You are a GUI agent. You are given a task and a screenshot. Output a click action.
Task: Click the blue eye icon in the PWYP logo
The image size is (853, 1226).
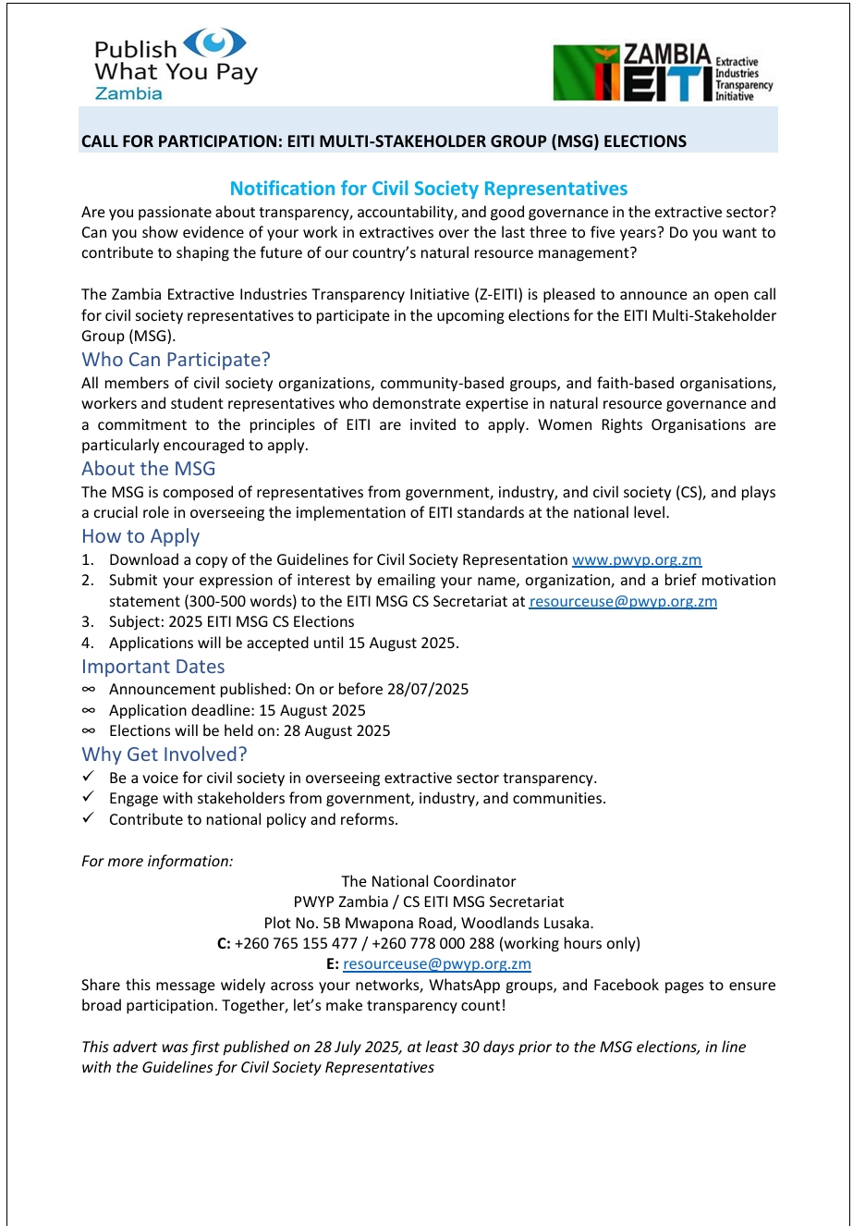click(x=215, y=43)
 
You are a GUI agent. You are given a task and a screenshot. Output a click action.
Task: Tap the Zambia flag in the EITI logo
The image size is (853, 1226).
click(x=586, y=73)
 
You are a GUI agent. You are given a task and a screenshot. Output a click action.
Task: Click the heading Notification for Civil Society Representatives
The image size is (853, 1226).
click(x=429, y=189)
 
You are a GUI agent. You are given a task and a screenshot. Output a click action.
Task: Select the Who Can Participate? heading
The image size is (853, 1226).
click(x=176, y=360)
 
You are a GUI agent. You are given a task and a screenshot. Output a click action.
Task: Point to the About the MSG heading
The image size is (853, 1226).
click(x=148, y=469)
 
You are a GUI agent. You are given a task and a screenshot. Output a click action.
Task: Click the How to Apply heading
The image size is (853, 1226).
click(x=140, y=536)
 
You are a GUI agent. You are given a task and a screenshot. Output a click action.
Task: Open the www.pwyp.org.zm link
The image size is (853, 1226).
click(x=637, y=559)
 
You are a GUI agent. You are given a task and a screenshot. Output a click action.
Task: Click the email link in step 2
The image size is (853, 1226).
click(x=623, y=601)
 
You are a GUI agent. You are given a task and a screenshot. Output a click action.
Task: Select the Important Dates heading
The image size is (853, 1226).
click(x=152, y=667)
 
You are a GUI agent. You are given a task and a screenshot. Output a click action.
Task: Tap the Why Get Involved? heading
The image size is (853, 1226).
click(x=165, y=754)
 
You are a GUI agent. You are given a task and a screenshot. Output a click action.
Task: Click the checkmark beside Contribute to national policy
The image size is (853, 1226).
click(x=89, y=819)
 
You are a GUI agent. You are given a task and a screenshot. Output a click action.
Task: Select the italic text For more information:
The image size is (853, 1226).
click(x=157, y=861)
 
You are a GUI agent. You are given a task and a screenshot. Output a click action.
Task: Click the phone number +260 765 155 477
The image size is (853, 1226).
click(x=296, y=943)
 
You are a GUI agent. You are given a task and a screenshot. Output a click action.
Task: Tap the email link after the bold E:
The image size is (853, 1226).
click(x=436, y=963)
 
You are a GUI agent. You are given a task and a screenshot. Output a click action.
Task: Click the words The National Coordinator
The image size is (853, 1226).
click(x=429, y=881)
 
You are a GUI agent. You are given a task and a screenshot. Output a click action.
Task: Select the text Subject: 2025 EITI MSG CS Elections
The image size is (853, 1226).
click(x=231, y=621)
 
